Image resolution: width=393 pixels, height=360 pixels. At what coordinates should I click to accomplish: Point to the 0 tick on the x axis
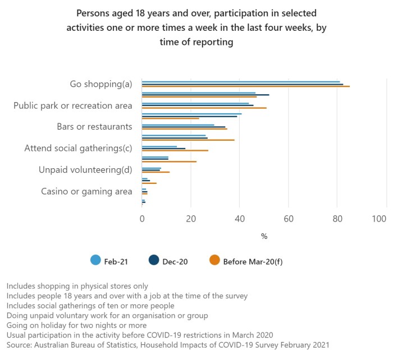[x=142, y=219]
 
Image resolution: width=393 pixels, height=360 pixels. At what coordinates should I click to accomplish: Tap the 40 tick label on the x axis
[x=240, y=219]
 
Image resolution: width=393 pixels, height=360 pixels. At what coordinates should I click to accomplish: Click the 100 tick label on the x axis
[x=378, y=219]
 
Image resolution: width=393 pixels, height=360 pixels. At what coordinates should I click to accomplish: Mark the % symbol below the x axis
[x=264, y=236]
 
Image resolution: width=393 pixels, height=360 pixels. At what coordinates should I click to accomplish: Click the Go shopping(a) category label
[x=100, y=84]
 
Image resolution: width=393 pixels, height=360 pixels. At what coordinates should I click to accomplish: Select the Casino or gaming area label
[x=86, y=191]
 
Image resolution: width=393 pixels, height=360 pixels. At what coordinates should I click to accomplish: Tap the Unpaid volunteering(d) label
[x=85, y=170]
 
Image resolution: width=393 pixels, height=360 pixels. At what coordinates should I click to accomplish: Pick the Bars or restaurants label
[x=94, y=127]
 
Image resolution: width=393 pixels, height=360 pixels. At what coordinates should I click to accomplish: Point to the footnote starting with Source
[x=168, y=344]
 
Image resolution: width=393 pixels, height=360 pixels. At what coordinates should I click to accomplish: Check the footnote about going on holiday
[x=76, y=325]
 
